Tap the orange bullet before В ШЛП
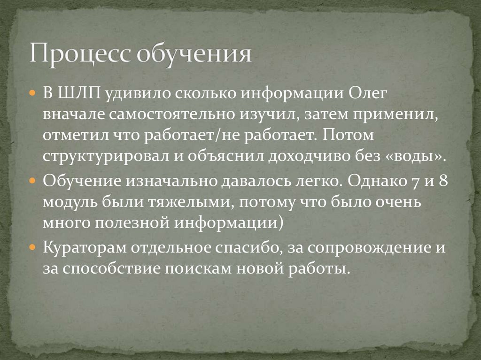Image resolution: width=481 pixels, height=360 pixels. [x=32, y=93]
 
